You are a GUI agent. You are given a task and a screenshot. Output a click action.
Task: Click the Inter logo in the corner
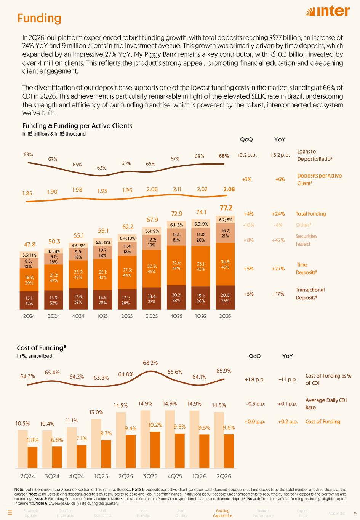point(327,11)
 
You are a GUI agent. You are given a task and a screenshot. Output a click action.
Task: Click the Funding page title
point(40,18)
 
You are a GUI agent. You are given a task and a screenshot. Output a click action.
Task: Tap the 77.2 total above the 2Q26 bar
point(226,208)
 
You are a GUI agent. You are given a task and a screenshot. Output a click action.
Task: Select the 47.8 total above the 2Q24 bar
point(30,244)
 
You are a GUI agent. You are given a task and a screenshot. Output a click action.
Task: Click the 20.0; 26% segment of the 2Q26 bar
point(225,298)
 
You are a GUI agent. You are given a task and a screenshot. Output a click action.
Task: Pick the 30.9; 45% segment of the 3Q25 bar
point(152,269)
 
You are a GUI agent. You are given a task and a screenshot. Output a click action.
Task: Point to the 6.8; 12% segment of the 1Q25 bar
point(102,242)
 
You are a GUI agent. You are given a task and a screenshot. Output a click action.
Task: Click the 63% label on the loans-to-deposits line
point(101,168)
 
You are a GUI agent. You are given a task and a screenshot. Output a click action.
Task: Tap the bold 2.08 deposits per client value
point(229,189)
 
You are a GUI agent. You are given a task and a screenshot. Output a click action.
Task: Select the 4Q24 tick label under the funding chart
point(78,316)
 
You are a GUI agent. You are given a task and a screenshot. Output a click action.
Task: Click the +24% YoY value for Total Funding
point(278,214)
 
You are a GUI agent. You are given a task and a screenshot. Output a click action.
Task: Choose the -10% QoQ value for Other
point(248,225)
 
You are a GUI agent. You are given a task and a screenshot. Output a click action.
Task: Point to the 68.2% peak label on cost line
point(150,363)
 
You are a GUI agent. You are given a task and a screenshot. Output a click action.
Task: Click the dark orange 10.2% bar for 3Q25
point(155,450)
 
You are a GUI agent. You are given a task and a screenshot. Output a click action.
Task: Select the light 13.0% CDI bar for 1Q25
point(96,443)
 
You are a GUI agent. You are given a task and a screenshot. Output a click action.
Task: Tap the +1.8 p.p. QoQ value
point(254,379)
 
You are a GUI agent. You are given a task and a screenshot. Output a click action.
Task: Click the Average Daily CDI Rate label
point(326,404)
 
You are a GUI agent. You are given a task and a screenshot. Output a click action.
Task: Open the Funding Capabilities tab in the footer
point(222,513)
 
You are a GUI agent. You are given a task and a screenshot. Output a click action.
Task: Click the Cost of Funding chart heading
point(41,348)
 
